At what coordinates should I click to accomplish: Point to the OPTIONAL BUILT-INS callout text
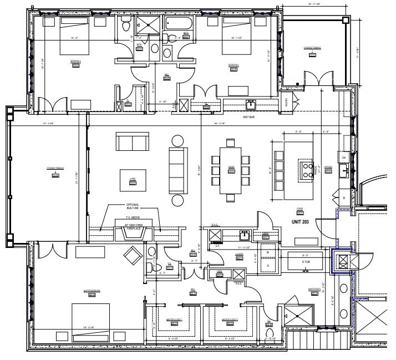tap(133, 206)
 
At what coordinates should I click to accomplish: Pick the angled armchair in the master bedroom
tap(133, 256)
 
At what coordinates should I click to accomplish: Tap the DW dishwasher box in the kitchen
tap(344, 158)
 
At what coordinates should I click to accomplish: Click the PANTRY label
tap(286, 102)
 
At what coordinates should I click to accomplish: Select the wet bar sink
tap(251, 104)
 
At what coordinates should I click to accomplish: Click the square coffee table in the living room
tap(133, 180)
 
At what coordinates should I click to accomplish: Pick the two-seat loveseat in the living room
tap(132, 142)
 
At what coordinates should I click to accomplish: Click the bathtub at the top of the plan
tap(179, 26)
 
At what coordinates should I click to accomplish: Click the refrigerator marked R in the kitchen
tap(344, 197)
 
